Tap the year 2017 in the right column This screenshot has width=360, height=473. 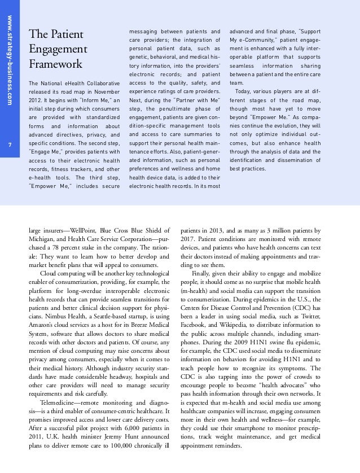tap(187, 239)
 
